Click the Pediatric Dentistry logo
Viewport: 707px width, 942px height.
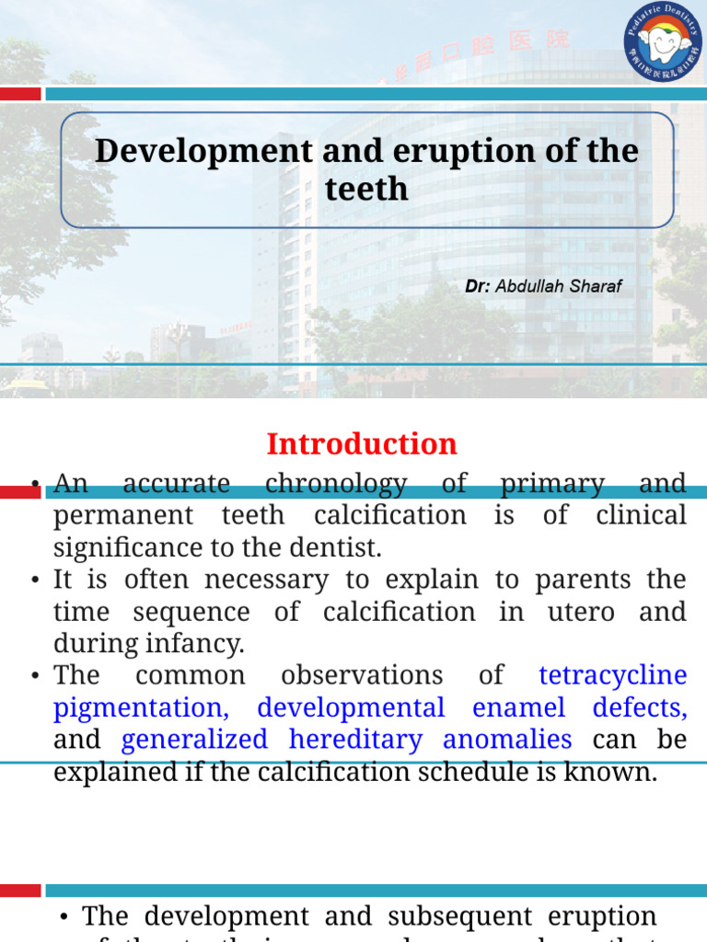(662, 41)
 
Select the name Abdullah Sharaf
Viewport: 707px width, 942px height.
(559, 286)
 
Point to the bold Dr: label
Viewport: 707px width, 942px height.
(477, 286)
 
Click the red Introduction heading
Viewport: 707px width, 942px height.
(362, 444)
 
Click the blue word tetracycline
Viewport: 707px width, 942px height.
(612, 675)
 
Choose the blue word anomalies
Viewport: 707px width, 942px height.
(507, 740)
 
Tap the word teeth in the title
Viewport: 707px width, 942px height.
(366, 189)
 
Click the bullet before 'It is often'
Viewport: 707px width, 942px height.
(35, 580)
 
